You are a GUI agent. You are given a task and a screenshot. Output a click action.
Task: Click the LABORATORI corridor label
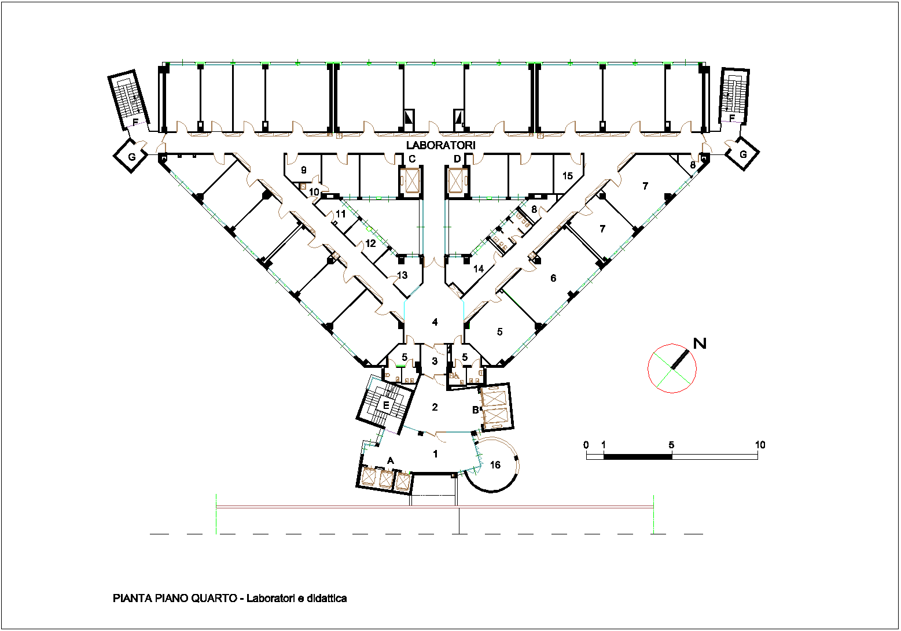click(x=440, y=146)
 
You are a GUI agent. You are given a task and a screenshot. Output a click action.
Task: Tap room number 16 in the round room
click(x=495, y=465)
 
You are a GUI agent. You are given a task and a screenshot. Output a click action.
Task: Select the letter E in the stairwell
click(x=386, y=405)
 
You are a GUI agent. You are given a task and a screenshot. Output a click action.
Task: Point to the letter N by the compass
click(x=700, y=344)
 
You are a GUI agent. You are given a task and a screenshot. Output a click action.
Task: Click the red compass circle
click(x=648, y=368)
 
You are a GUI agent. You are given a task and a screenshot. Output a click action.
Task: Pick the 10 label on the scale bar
click(x=760, y=445)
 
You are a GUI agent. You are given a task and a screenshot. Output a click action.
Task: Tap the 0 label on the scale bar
click(x=586, y=445)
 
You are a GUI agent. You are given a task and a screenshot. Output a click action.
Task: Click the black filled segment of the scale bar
click(x=638, y=456)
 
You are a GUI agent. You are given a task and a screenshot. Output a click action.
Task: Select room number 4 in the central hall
click(x=435, y=322)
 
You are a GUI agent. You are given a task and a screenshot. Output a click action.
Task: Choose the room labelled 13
click(x=402, y=275)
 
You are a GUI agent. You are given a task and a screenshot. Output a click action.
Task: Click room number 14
click(x=478, y=269)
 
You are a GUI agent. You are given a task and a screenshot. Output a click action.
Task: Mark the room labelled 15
click(x=568, y=176)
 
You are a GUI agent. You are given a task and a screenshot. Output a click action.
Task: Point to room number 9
click(x=304, y=170)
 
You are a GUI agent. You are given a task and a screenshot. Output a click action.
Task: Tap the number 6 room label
click(x=553, y=278)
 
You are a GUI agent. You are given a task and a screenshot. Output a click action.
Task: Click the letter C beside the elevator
click(x=412, y=159)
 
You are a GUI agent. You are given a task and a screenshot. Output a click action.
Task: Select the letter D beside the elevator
click(x=457, y=159)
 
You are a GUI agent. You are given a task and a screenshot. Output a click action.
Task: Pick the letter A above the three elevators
click(x=390, y=461)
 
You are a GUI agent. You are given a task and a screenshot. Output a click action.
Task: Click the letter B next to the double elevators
click(x=475, y=410)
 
